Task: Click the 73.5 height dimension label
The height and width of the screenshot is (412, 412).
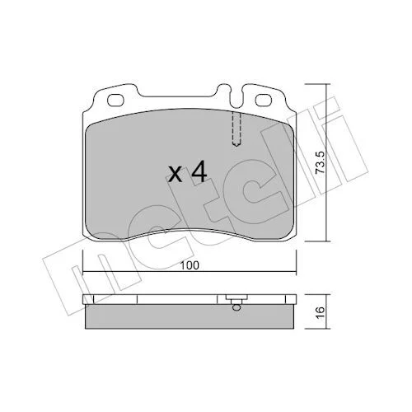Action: [320, 162]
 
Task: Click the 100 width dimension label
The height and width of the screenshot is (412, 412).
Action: [190, 265]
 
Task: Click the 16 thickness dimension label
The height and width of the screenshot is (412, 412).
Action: [321, 312]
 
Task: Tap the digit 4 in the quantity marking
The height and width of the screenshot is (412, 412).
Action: [199, 171]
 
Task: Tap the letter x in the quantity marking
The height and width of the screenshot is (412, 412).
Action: [175, 175]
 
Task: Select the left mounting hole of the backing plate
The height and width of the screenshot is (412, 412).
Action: [115, 100]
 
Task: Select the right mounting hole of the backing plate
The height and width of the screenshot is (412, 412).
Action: [264, 100]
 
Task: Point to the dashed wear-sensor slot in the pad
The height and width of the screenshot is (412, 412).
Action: [236, 129]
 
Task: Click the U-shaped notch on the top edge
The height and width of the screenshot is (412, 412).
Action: [236, 96]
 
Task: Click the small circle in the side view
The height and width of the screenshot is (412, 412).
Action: [236, 307]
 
